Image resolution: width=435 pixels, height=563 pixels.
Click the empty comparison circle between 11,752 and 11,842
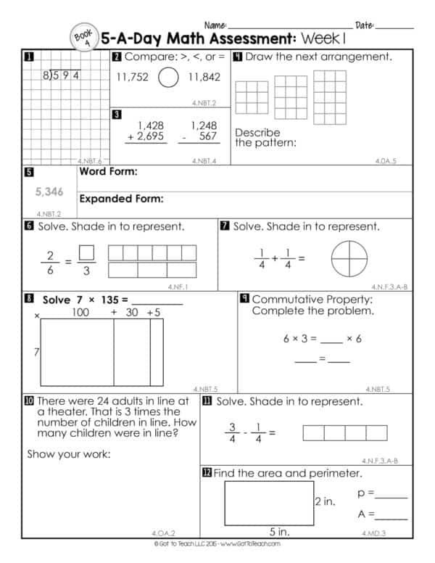(168, 78)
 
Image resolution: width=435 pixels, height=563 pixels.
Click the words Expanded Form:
(121, 199)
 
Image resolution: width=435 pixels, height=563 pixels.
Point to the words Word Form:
(108, 173)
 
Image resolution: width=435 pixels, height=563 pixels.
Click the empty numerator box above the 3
(86, 253)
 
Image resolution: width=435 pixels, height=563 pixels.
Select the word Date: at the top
(365, 25)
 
